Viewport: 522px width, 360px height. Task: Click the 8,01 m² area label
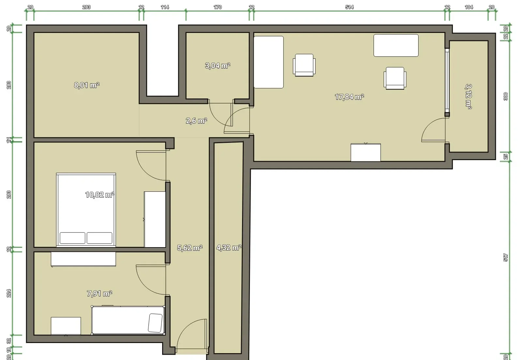point(87,85)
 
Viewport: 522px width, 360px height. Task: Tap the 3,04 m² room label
point(218,66)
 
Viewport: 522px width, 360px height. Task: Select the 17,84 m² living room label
point(349,97)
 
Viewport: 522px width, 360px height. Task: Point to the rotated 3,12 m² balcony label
point(468,97)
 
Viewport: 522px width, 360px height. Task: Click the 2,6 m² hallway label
point(196,121)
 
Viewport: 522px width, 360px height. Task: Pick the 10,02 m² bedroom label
point(100,195)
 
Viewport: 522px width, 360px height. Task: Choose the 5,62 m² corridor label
point(190,248)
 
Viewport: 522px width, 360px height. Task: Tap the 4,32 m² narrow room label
point(229,247)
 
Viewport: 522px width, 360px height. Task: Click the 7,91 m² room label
point(100,293)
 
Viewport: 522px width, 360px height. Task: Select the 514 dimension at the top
point(349,7)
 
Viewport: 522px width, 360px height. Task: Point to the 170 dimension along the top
point(218,7)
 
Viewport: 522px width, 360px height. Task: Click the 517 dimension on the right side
point(505,258)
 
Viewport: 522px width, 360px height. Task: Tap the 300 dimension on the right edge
point(505,97)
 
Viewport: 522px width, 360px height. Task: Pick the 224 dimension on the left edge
point(9,293)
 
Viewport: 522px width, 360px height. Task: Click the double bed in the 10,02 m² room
point(86,210)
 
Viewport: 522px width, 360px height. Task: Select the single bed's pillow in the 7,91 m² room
point(155,323)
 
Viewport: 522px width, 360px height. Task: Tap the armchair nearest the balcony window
point(395,78)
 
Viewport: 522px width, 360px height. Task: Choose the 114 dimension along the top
point(165,7)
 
